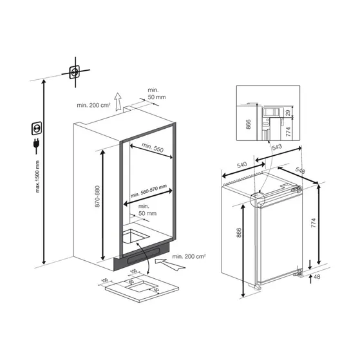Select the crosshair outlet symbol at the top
(x=75, y=73)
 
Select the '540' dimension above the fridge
(x=243, y=166)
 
